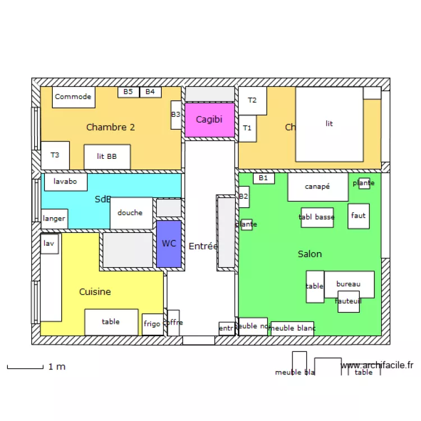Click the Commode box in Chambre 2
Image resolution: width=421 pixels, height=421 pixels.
[x=74, y=97]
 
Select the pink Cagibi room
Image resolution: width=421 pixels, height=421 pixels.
[x=209, y=120]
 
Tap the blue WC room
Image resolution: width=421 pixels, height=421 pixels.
[x=168, y=244]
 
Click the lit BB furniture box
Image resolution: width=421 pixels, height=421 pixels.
[x=107, y=157]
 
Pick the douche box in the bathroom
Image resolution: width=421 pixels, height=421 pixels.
[x=131, y=213]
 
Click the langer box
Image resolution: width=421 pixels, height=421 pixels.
[x=54, y=218]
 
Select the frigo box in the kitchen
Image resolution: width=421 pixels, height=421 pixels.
[x=152, y=324]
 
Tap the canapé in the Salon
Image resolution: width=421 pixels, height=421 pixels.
[x=318, y=187]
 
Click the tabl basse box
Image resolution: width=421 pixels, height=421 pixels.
[x=317, y=217]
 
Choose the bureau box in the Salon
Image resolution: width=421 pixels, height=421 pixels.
[x=349, y=285]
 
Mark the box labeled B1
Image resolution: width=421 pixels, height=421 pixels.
[x=264, y=179]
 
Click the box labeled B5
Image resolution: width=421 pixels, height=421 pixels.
[x=128, y=91]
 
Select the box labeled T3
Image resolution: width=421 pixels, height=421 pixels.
[x=55, y=155]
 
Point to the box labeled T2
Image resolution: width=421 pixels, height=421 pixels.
[x=253, y=101]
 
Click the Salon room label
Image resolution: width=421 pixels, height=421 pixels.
[x=310, y=254]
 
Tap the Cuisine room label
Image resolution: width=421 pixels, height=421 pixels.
[x=95, y=292]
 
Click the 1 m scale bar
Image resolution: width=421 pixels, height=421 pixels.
[x=25, y=368]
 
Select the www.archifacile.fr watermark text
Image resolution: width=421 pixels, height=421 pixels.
[x=377, y=365]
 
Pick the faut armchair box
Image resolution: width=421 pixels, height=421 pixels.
[x=359, y=216]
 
